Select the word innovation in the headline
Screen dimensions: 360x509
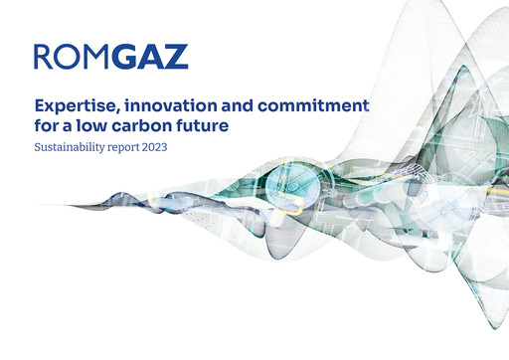point(158,105)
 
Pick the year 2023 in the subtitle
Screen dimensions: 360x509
point(157,148)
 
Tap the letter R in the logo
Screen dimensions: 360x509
point(44,57)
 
